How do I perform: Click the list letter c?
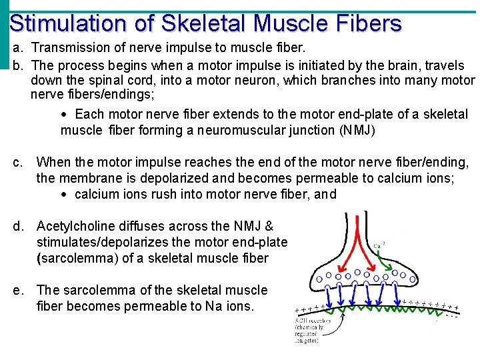click(19, 162)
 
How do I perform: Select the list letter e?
click(19, 290)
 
